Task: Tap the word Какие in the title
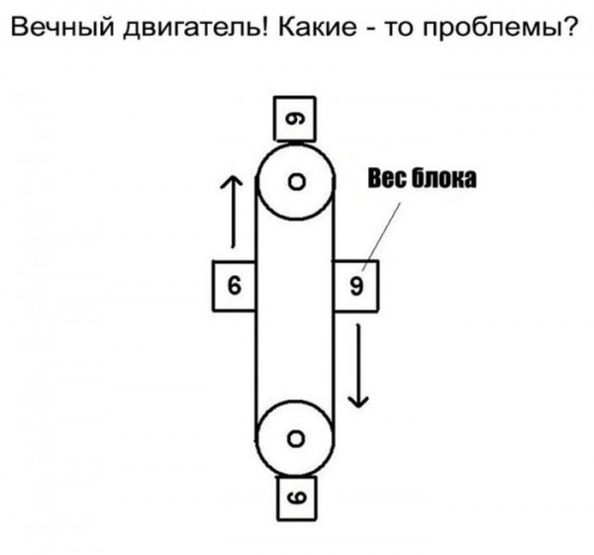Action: [318, 27]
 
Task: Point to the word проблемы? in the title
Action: [500, 29]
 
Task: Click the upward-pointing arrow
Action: [232, 212]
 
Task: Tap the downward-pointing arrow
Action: [358, 366]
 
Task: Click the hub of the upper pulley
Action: [296, 182]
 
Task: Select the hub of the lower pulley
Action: [296, 439]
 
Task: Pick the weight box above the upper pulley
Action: [294, 119]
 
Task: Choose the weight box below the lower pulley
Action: [297, 498]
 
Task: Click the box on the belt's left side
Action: [234, 286]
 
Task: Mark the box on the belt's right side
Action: [355, 286]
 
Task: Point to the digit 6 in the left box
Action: [235, 285]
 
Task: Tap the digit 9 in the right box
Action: [356, 286]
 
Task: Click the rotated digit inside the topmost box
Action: [295, 120]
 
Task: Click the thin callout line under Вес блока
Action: [381, 236]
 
